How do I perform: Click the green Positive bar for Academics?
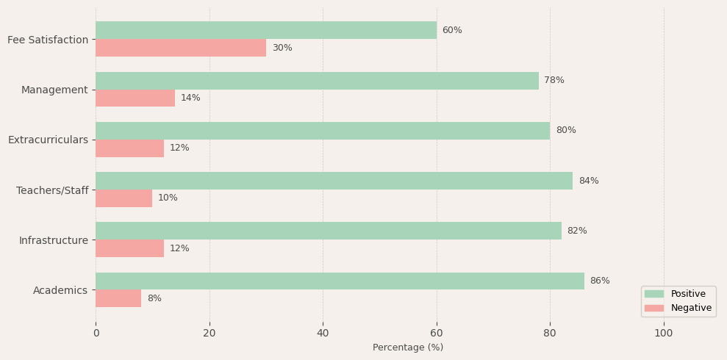coord(340,281)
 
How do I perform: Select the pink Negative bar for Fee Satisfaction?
coord(181,48)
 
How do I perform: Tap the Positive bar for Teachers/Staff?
coord(334,181)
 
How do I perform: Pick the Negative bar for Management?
coord(135,98)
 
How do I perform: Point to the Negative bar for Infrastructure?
coord(129,248)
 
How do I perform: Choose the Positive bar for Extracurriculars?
coord(323,131)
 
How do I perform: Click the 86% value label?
coord(600,281)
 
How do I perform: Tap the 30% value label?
coord(282,48)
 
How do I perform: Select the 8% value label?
coord(154,298)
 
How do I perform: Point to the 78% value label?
coord(554,80)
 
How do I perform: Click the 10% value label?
coord(168,198)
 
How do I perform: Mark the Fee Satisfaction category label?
coord(48,40)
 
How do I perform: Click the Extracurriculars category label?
coord(48,140)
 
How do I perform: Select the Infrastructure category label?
coord(54,240)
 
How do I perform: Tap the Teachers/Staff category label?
coord(52,190)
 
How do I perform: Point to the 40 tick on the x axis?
coord(323,333)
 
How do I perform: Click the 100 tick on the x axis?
coord(664,333)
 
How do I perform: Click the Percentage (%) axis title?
coord(408,348)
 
